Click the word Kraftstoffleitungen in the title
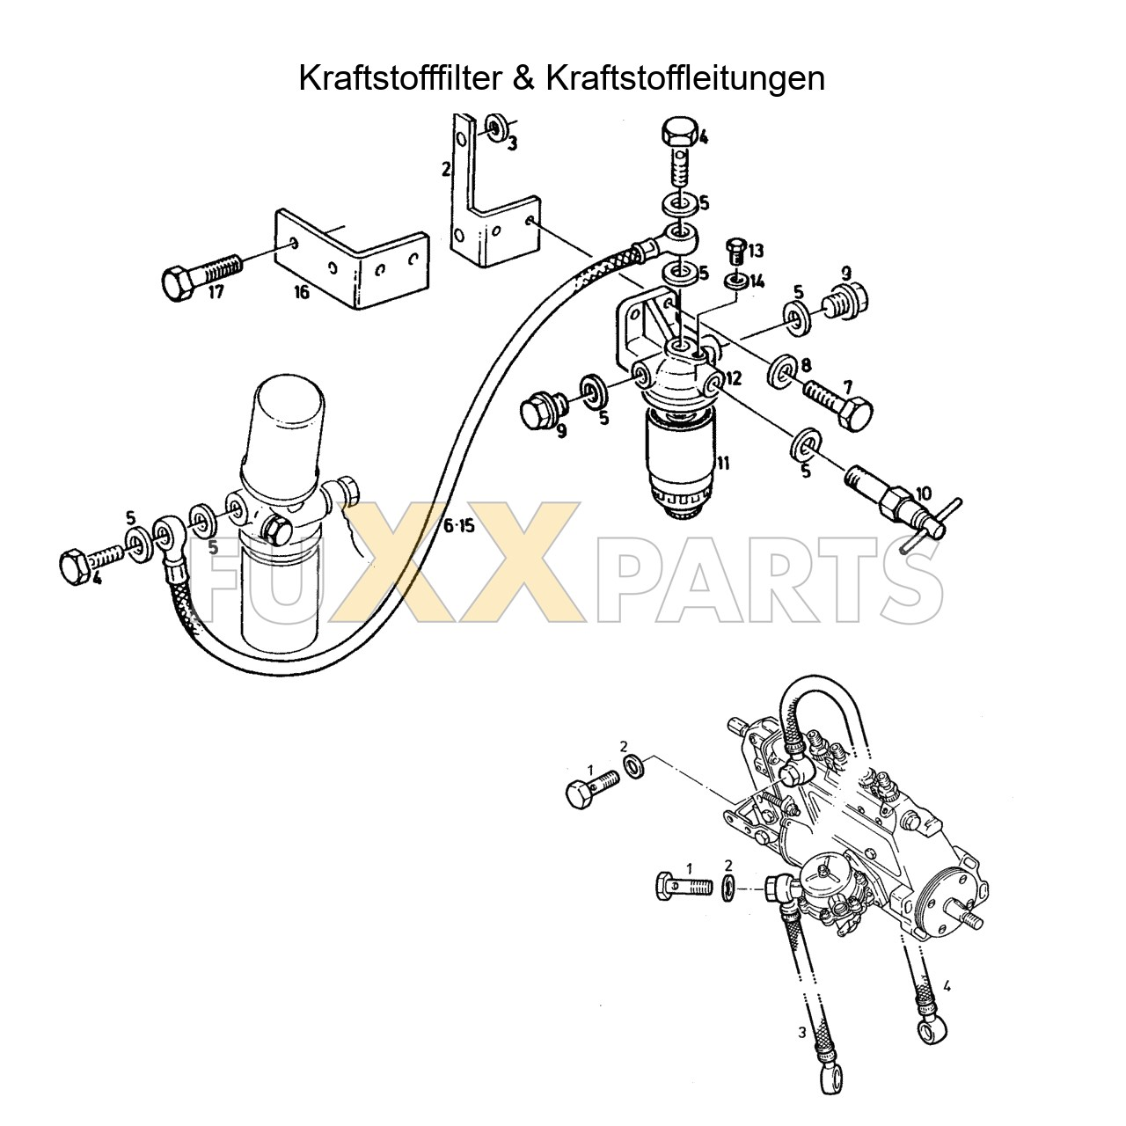pos(684,78)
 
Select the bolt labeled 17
pos(200,272)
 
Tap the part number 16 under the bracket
pos(301,293)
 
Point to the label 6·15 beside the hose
pos(458,527)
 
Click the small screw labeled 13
pos(736,252)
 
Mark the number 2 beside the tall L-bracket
pos(446,170)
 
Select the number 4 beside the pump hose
pos(947,986)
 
